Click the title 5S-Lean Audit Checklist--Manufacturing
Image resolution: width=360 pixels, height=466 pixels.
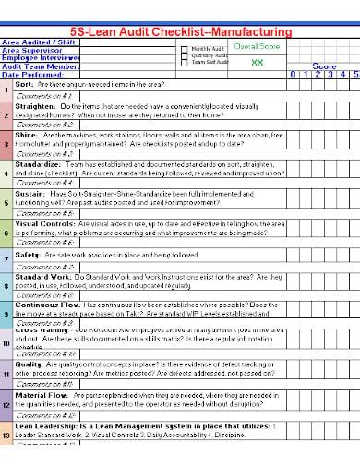180,32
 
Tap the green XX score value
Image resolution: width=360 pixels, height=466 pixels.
258,61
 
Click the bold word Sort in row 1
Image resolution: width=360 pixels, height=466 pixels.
24,84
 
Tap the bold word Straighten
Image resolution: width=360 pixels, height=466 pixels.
35,106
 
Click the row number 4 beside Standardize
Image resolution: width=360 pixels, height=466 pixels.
6,173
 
